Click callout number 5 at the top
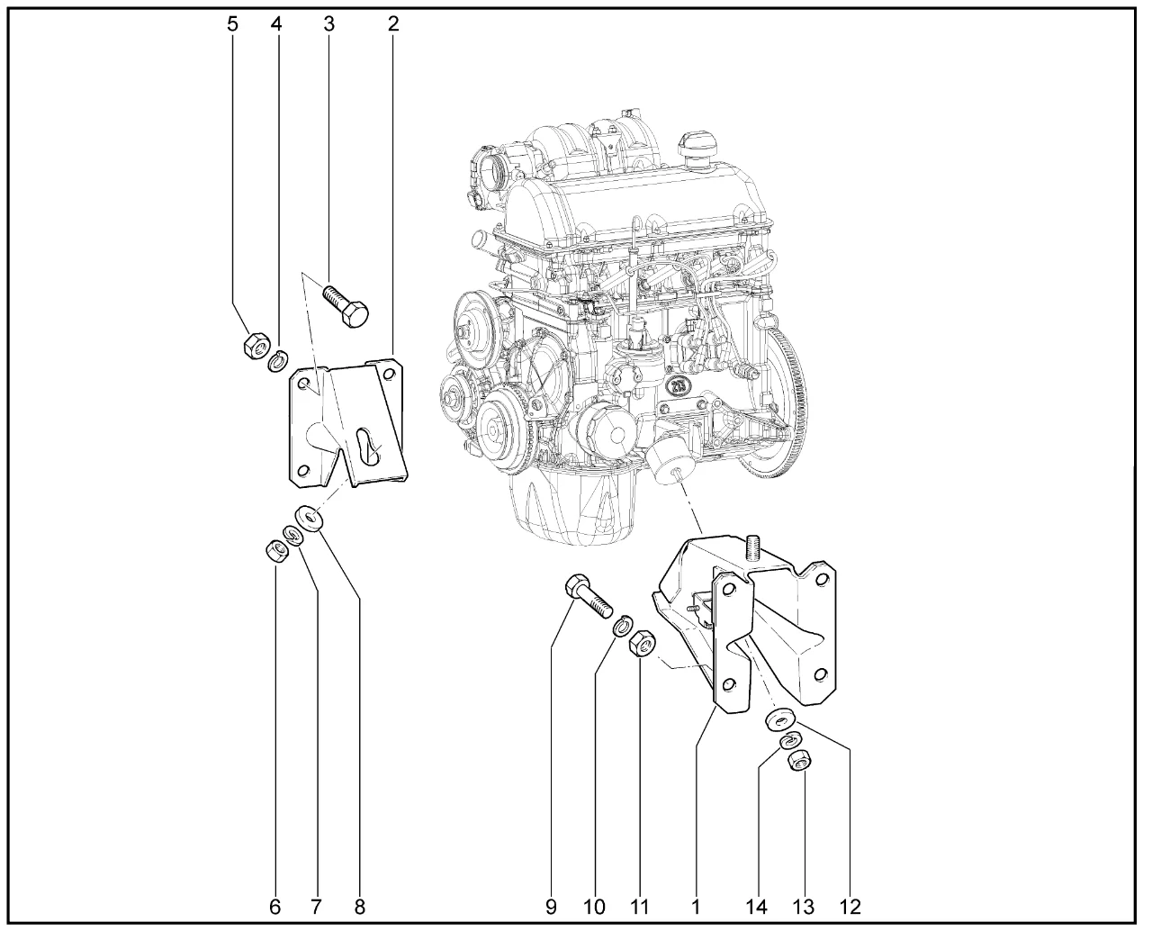232,23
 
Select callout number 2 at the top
393,23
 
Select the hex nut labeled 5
256,345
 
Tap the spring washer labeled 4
278,361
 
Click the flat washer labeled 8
309,519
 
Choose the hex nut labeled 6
276,551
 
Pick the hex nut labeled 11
643,643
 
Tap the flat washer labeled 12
780,719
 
